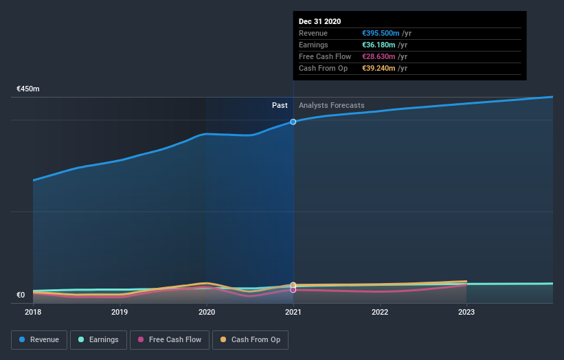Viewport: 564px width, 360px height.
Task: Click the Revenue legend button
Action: point(39,339)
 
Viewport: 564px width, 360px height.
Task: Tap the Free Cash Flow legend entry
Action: point(169,339)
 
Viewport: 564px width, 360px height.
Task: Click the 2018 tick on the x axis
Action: point(33,312)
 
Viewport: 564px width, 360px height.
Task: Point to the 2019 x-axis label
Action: point(120,312)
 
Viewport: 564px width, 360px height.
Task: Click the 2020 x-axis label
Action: point(206,312)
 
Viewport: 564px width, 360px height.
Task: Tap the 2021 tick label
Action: point(293,312)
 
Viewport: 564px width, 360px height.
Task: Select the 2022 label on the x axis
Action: point(380,312)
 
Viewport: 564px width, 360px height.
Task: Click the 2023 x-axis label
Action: point(466,312)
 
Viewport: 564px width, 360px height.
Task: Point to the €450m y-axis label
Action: point(28,89)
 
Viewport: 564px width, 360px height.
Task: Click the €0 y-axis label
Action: point(21,295)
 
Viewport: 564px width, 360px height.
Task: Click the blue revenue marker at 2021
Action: point(293,122)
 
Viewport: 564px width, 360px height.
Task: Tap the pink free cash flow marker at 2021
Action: point(293,290)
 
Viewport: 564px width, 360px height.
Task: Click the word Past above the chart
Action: point(280,105)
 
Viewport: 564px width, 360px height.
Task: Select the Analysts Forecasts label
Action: point(331,105)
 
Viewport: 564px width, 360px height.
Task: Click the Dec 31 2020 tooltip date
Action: point(319,21)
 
